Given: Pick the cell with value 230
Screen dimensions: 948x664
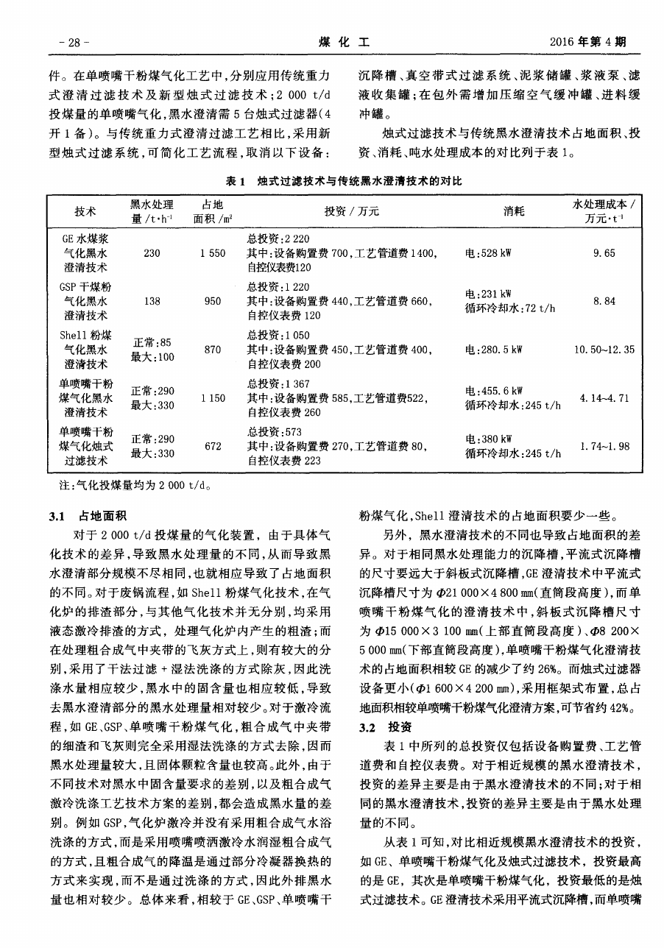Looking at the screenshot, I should (152, 253).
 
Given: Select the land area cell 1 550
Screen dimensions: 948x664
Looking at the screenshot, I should (212, 253).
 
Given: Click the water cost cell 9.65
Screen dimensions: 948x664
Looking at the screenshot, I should (603, 253).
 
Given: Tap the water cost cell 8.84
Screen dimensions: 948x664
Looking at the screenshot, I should (603, 301).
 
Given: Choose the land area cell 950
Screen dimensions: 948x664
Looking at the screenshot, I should (212, 301).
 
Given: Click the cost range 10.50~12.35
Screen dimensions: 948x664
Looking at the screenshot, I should (603, 349).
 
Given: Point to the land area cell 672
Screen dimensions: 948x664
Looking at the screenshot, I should (212, 445).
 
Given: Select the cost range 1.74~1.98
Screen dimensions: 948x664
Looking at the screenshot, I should (603, 445).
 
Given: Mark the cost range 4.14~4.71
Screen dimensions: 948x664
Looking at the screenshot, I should (603, 397).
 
